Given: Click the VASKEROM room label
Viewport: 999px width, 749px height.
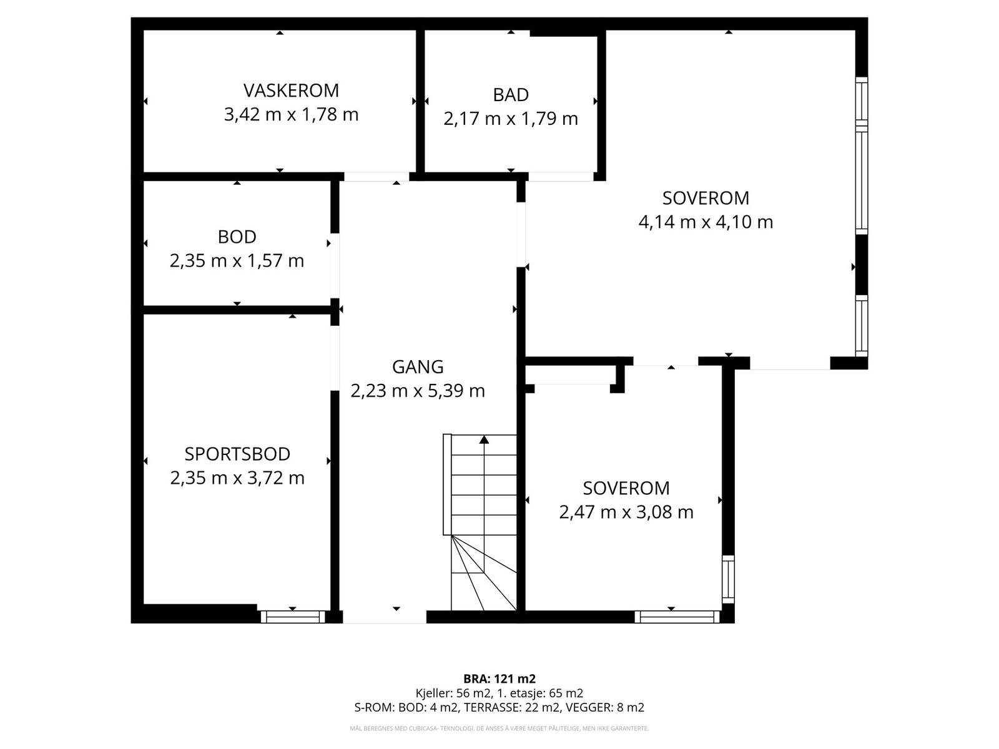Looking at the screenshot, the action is pos(292,91).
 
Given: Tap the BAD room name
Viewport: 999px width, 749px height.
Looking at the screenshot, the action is pos(511,95).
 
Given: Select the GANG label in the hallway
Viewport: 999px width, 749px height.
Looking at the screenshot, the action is pos(418,367).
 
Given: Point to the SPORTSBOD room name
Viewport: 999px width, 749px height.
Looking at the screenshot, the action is pos(237,454).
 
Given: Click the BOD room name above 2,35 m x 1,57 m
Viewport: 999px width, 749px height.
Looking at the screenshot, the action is pos(237,237).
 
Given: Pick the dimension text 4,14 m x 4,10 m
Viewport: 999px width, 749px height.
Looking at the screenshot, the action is pos(706,222).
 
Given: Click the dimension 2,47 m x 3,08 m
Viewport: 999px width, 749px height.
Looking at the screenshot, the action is pos(626,512).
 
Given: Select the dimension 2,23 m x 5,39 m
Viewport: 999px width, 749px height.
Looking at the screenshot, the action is pos(418,391).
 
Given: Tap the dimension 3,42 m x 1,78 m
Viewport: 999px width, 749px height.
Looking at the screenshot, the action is pos(292,114).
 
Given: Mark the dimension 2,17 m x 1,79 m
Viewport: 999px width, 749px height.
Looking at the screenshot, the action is pos(511,119).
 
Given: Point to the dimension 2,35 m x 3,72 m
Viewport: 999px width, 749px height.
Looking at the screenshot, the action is pos(237,478).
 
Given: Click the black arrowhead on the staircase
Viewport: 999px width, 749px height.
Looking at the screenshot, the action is pos(484,439).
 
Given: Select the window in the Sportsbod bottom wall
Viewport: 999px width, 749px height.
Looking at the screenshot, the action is pos(293,617).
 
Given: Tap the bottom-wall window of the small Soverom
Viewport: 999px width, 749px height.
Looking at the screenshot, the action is pos(677,617).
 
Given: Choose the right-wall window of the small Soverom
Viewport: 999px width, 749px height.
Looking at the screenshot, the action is pos(728,579).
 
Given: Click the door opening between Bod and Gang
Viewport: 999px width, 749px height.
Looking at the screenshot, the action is pos(335,266).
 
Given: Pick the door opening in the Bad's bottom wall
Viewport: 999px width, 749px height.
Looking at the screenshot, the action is pos(561,177).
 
